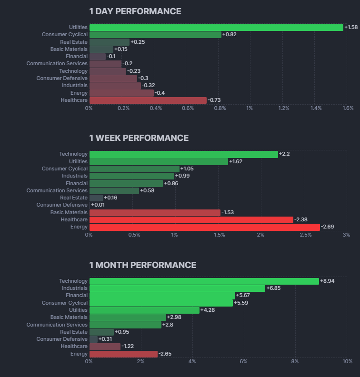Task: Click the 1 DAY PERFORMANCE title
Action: coord(135,11)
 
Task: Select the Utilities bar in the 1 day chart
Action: coord(216,28)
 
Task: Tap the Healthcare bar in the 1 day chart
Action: coord(148,100)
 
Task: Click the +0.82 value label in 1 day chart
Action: coord(230,35)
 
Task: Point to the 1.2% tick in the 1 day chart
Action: coord(284,109)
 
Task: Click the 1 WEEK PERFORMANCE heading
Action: coord(139,138)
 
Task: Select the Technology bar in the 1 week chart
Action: coord(183,154)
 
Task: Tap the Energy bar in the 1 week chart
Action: coord(204,227)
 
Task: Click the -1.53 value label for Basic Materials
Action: coord(229,212)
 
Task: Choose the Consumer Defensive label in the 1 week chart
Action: coord(62,205)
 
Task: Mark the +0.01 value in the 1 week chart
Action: coord(98,205)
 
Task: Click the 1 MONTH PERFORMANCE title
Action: coord(143,265)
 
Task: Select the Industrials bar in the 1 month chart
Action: coord(177,288)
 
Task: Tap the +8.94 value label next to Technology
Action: coord(328,281)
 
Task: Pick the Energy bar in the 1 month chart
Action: coord(123,354)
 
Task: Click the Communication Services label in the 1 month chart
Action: coord(57,325)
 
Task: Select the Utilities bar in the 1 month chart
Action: coord(144,310)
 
